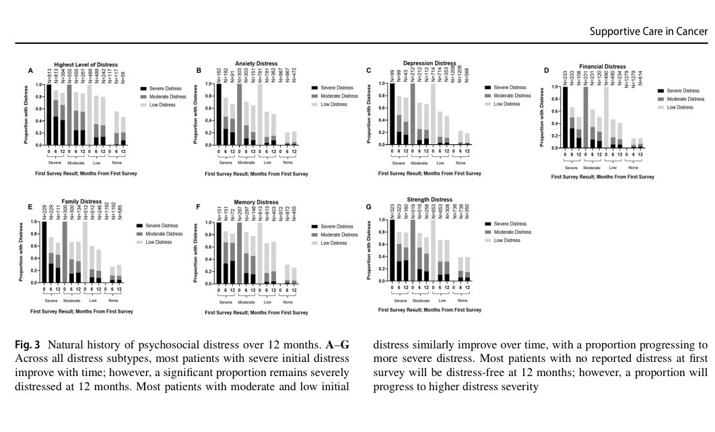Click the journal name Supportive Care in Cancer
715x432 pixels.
click(648, 32)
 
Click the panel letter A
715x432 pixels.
click(30, 71)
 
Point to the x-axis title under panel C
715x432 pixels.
click(430, 173)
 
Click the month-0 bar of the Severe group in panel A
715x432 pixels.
click(49, 115)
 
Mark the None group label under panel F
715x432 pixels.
click(289, 300)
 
